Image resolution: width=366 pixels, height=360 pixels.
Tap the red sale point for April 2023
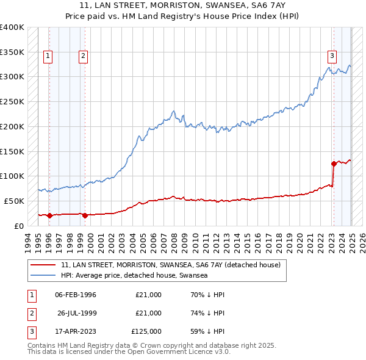pos(334,164)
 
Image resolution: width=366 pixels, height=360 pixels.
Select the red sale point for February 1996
pos(49,215)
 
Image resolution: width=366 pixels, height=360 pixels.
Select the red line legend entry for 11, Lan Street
pos(170,265)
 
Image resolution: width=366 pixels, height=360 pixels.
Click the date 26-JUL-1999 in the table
pos(78,313)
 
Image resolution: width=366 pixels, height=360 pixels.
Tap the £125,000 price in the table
pos(146,331)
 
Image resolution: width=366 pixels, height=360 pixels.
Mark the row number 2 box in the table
pos(30,313)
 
